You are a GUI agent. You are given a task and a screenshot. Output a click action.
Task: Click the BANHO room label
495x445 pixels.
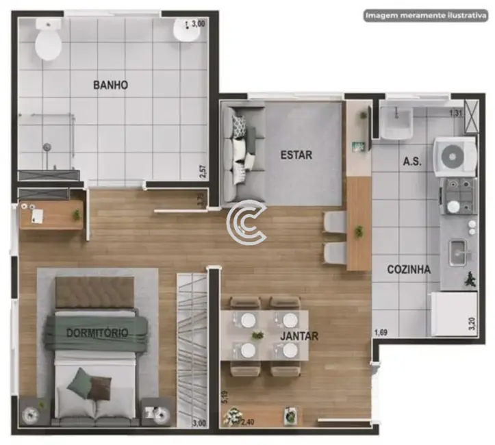click(110, 85)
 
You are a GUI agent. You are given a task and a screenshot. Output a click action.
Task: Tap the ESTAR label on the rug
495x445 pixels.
click(296, 155)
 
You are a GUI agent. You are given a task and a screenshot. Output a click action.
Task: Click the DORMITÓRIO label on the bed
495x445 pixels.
click(97, 333)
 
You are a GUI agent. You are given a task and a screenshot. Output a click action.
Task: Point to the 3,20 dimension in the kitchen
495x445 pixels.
click(471, 323)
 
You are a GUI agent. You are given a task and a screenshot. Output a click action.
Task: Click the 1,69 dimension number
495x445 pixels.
click(381, 333)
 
